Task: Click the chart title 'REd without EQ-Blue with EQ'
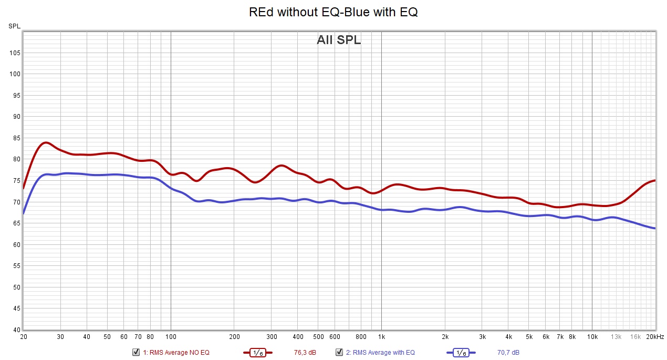(333, 12)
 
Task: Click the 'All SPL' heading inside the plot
(339, 40)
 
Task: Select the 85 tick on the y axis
(16, 138)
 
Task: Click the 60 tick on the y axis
(16, 245)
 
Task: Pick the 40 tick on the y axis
(16, 330)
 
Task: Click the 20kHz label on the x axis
(654, 337)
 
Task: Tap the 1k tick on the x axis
(381, 337)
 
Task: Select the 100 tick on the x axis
(171, 337)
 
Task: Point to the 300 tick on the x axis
(272, 337)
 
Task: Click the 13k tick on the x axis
(616, 337)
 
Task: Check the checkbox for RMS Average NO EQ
(136, 352)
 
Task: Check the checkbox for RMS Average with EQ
(339, 352)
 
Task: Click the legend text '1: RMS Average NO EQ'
(176, 353)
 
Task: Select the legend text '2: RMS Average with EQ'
(380, 353)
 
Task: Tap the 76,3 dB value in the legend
(305, 353)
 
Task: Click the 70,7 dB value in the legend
(508, 353)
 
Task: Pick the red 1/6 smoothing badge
(258, 353)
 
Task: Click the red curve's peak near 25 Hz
(46, 142)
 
